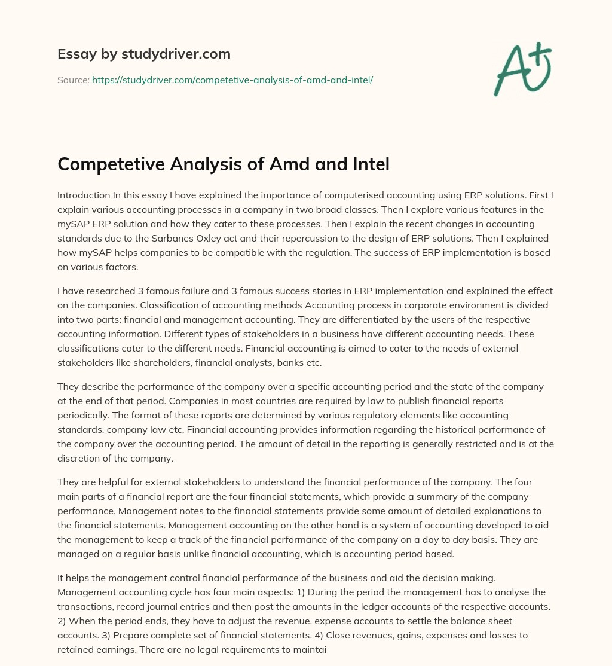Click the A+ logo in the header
point(522,69)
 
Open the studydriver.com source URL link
point(232,80)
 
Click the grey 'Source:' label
point(73,80)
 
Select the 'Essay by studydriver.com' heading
point(144,54)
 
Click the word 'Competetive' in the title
point(111,163)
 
